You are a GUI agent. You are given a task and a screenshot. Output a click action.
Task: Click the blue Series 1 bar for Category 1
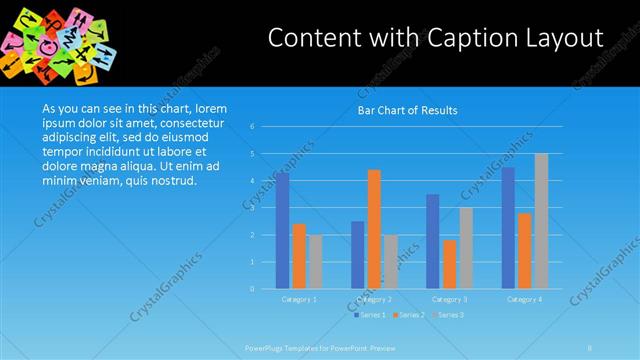coord(283,231)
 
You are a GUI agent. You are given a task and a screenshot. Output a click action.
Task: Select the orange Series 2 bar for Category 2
coord(374,229)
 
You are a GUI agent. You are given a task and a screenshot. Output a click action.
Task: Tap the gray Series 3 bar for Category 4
coord(541,221)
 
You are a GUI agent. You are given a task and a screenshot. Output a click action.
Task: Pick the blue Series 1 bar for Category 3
coord(432,241)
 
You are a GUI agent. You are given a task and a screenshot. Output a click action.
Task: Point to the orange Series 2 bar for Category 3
coord(449,264)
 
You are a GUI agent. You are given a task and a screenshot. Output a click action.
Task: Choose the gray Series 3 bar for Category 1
coord(316,262)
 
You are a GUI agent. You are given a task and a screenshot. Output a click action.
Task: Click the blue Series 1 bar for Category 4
coord(508,228)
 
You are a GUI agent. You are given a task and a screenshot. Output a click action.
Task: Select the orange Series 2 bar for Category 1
coord(299,256)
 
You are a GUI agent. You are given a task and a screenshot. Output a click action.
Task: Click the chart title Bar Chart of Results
coord(407,111)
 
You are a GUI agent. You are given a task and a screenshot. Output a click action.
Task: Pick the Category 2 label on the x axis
coord(374,299)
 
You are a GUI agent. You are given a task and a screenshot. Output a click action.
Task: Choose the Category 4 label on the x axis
coord(524,299)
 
